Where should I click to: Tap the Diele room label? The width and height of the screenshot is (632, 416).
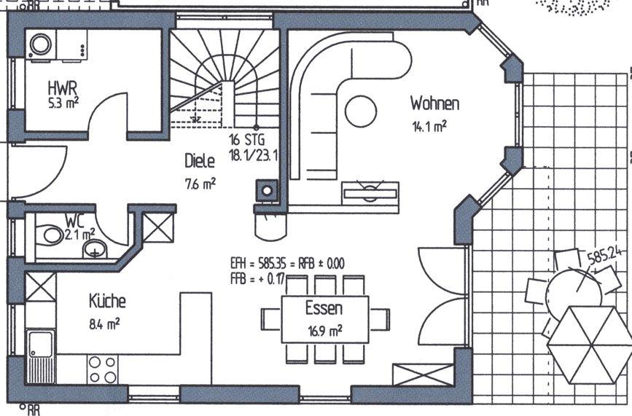pyautogui.click(x=199, y=160)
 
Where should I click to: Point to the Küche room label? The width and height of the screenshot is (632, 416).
pyautogui.click(x=107, y=300)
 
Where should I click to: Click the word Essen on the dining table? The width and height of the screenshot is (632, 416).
pyautogui.click(x=324, y=308)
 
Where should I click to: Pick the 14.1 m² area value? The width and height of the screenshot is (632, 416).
pyautogui.click(x=429, y=126)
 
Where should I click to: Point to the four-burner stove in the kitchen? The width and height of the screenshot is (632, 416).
pyautogui.click(x=101, y=368)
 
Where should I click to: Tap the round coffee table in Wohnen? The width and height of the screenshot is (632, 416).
pyautogui.click(x=361, y=111)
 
